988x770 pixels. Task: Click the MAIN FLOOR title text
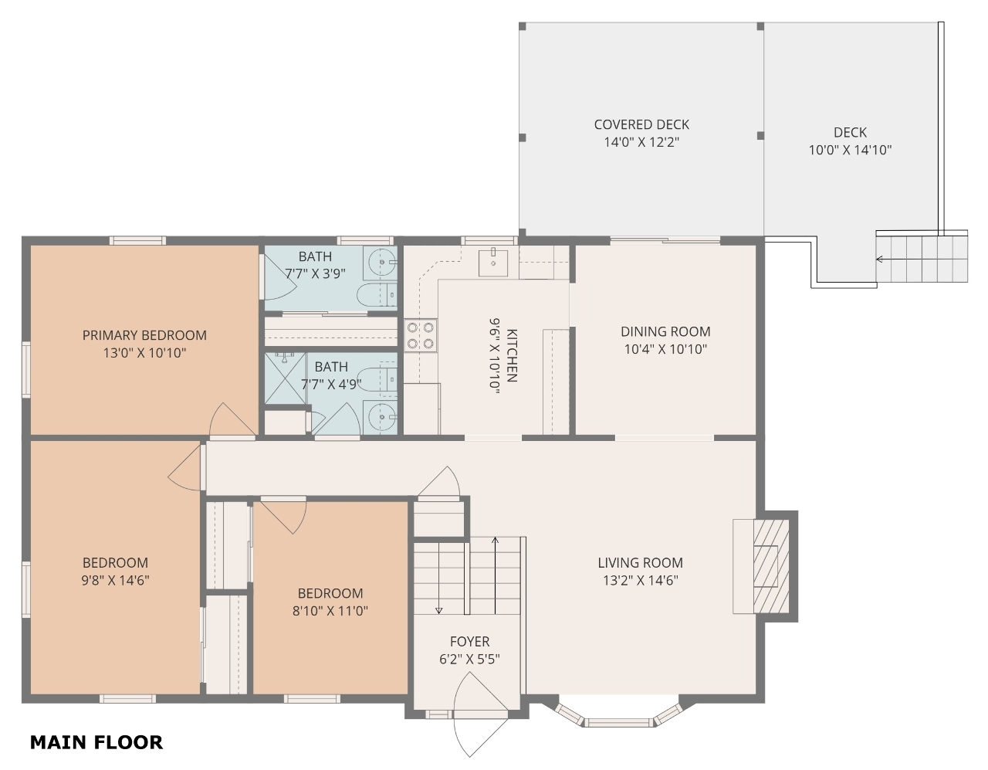tap(96, 742)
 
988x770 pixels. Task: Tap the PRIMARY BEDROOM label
tap(144, 335)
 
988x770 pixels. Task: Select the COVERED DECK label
tap(641, 124)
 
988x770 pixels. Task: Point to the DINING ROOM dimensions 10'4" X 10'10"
tap(665, 349)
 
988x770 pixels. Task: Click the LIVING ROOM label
tap(640, 563)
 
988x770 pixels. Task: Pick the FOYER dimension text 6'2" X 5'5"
tap(469, 659)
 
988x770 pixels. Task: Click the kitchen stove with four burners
tap(421, 336)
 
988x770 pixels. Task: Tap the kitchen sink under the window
tap(493, 262)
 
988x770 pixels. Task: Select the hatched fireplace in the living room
tap(771, 567)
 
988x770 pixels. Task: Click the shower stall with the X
tap(285, 378)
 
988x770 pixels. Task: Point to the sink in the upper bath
tap(380, 263)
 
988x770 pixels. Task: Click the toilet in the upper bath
tap(377, 295)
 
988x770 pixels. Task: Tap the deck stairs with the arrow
tap(922, 259)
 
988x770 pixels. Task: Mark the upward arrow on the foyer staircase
tap(495, 575)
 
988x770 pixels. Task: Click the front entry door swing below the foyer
tap(480, 715)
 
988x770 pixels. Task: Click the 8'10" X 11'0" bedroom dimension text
tap(330, 611)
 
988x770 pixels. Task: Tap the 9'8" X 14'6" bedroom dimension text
tap(116, 580)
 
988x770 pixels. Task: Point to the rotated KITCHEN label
tap(512, 355)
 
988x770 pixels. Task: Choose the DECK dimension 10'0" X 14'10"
tap(851, 150)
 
